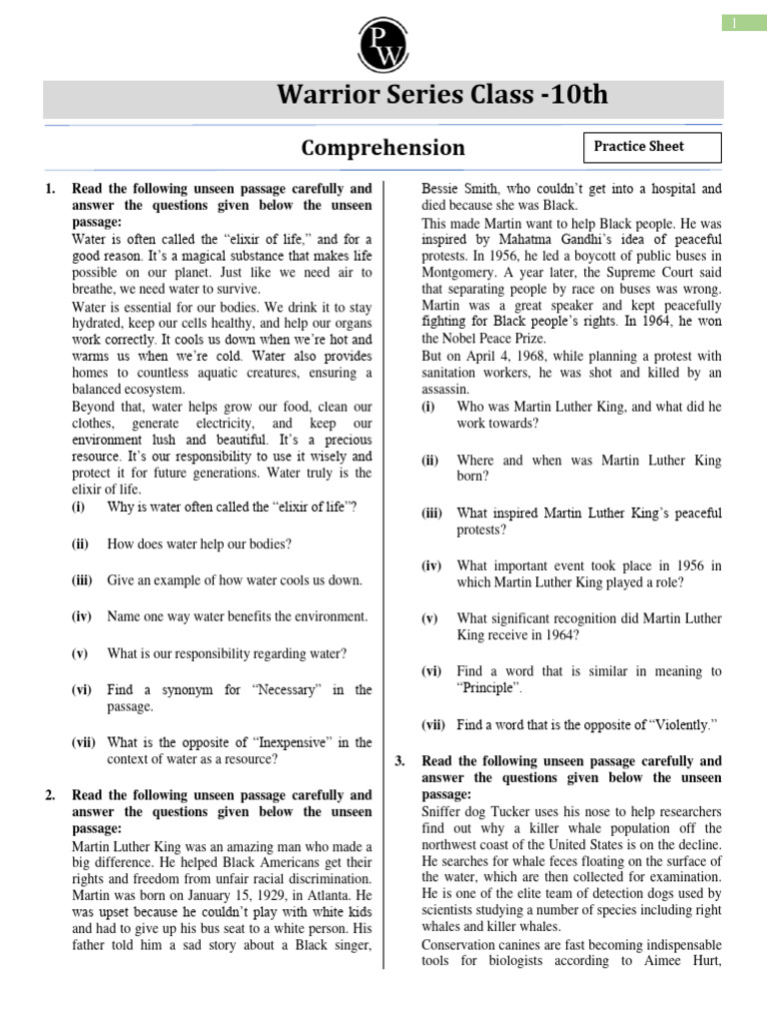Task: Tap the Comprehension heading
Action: click(x=383, y=148)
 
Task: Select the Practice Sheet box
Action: click(x=650, y=147)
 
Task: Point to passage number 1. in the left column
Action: click(x=51, y=188)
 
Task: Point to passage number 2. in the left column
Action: click(x=51, y=795)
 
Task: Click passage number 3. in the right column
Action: click(x=400, y=760)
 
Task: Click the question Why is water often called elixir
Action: click(x=231, y=508)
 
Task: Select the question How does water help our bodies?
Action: click(x=199, y=543)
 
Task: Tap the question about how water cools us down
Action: click(x=234, y=579)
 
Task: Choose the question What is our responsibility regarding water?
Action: click(x=227, y=653)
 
